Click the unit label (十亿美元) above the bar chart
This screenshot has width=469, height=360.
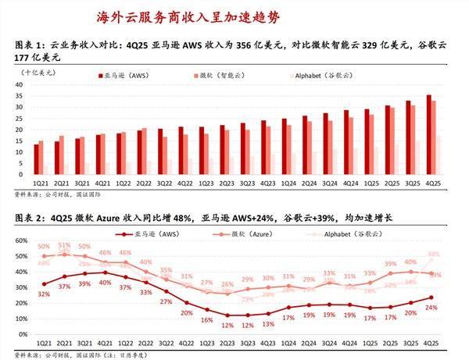coord(36,71)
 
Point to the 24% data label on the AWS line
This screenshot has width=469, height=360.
coord(431,308)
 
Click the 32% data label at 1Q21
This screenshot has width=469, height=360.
coord(42,294)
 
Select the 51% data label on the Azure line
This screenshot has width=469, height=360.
coord(63,245)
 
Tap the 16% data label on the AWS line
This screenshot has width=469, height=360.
coord(206,320)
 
